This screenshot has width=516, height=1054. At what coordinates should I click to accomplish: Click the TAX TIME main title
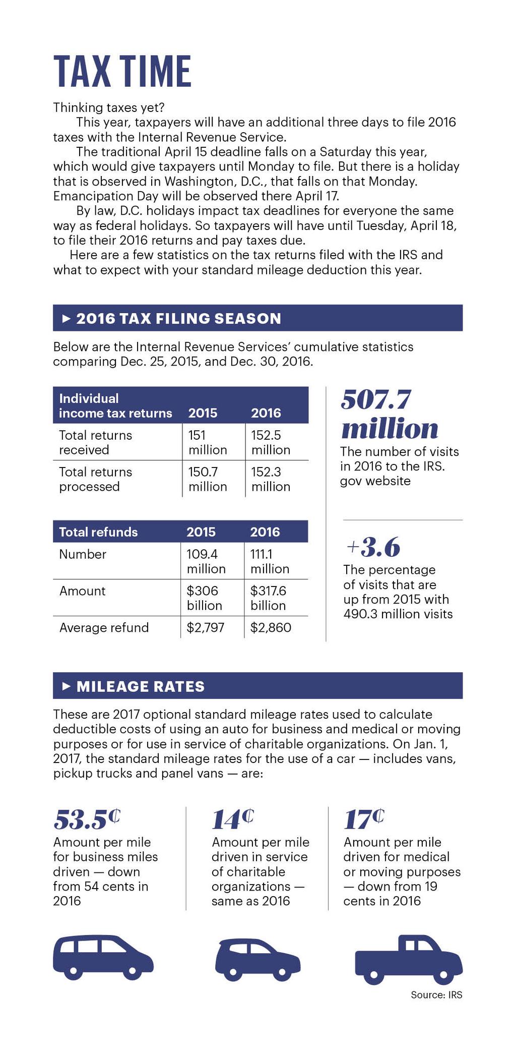pos(122,72)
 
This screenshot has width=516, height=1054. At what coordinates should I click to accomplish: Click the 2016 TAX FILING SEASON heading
pos(178,319)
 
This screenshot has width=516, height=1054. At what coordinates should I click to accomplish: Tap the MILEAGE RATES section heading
pos(140,686)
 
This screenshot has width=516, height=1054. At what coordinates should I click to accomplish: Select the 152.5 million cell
pos(271,442)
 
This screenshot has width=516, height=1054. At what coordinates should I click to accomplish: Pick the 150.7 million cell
pos(208,479)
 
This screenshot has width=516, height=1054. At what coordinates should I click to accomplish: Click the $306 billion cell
pos(204,598)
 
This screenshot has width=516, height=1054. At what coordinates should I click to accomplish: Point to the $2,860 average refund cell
pos(271,628)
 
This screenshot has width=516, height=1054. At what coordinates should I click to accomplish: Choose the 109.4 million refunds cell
pos(206,561)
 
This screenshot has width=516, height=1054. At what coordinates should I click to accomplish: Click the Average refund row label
pos(104,628)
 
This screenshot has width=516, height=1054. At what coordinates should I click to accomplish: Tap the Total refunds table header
pos(98,532)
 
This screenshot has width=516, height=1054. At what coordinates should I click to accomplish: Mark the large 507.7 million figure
pos(389,415)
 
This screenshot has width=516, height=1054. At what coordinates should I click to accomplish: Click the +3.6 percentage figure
pos(373,548)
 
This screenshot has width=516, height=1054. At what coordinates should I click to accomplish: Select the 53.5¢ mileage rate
pos(87,819)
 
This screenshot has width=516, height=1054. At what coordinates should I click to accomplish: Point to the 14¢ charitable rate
pos(232,819)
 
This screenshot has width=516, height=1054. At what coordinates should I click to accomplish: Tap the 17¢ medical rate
pos(363,819)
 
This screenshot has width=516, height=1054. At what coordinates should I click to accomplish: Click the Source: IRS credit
pos(436,995)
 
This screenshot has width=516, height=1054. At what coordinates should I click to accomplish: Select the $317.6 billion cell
pos(268,598)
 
